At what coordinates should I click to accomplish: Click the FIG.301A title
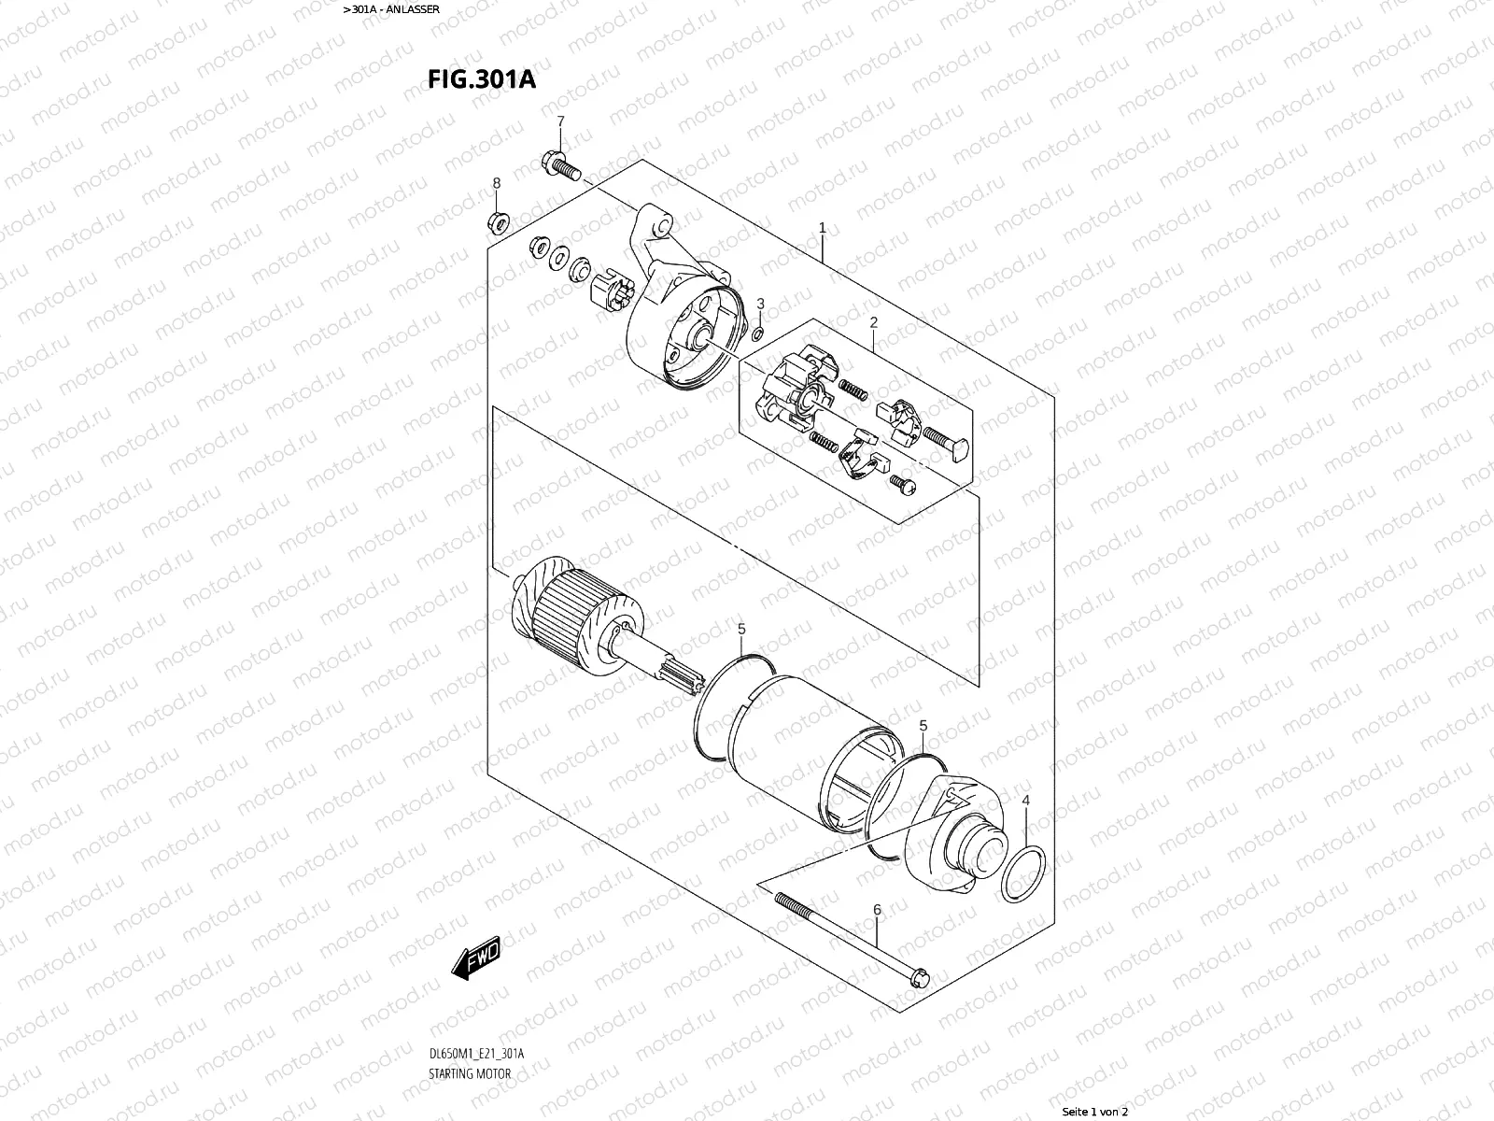[482, 78]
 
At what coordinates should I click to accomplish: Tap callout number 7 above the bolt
[560, 121]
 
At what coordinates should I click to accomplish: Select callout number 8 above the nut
[497, 182]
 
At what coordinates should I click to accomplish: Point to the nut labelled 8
[499, 222]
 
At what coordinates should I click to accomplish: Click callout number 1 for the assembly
[823, 227]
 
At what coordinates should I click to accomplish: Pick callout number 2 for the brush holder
[874, 322]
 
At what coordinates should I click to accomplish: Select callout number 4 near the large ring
[1025, 801]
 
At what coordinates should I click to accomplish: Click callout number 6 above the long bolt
[877, 909]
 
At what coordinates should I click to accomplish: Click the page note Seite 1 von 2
[1095, 1112]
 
